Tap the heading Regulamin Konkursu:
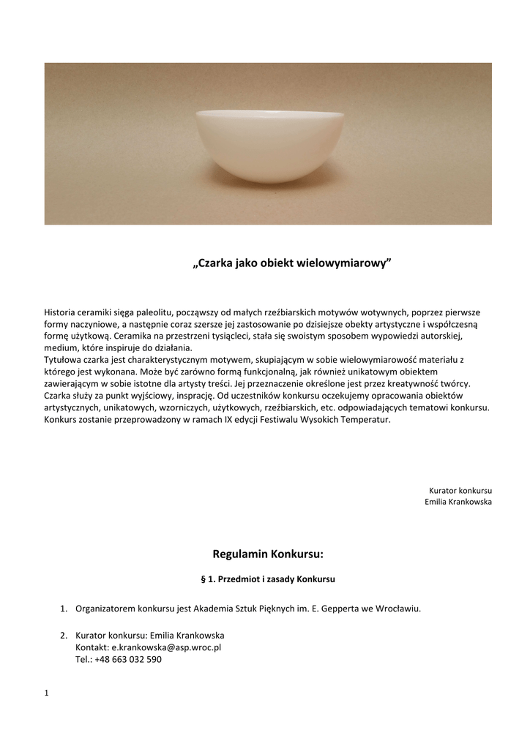[267, 554]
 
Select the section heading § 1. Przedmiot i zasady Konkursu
[267, 579]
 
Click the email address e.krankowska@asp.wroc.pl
[166, 647]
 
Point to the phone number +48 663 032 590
[128, 659]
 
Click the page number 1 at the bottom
[47, 693]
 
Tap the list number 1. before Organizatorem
[64, 609]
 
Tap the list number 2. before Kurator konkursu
[64, 635]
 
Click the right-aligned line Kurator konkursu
[460, 489]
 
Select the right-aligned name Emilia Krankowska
[458, 501]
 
